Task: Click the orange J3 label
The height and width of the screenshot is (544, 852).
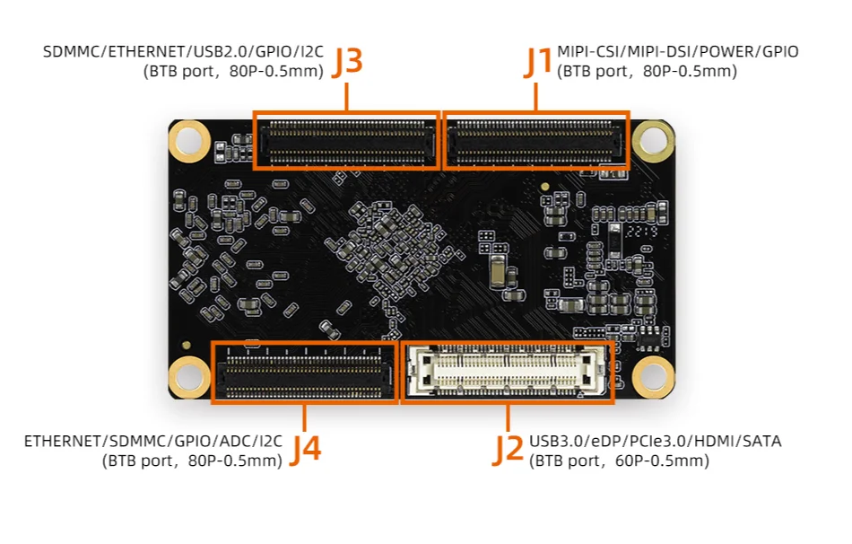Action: (x=347, y=60)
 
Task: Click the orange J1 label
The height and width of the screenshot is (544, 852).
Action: (x=539, y=60)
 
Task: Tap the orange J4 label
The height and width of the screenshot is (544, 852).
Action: (x=306, y=448)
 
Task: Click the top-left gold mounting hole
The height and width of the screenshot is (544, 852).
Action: (x=190, y=139)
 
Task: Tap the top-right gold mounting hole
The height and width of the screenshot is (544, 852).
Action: (x=653, y=139)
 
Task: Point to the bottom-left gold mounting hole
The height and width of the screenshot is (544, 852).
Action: (x=190, y=376)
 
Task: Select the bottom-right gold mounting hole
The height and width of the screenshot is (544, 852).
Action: (x=653, y=376)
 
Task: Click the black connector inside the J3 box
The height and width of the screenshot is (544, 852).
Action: (x=346, y=142)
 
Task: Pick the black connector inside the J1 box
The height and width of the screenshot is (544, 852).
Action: (x=536, y=142)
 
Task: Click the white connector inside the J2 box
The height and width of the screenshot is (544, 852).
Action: (x=507, y=372)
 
